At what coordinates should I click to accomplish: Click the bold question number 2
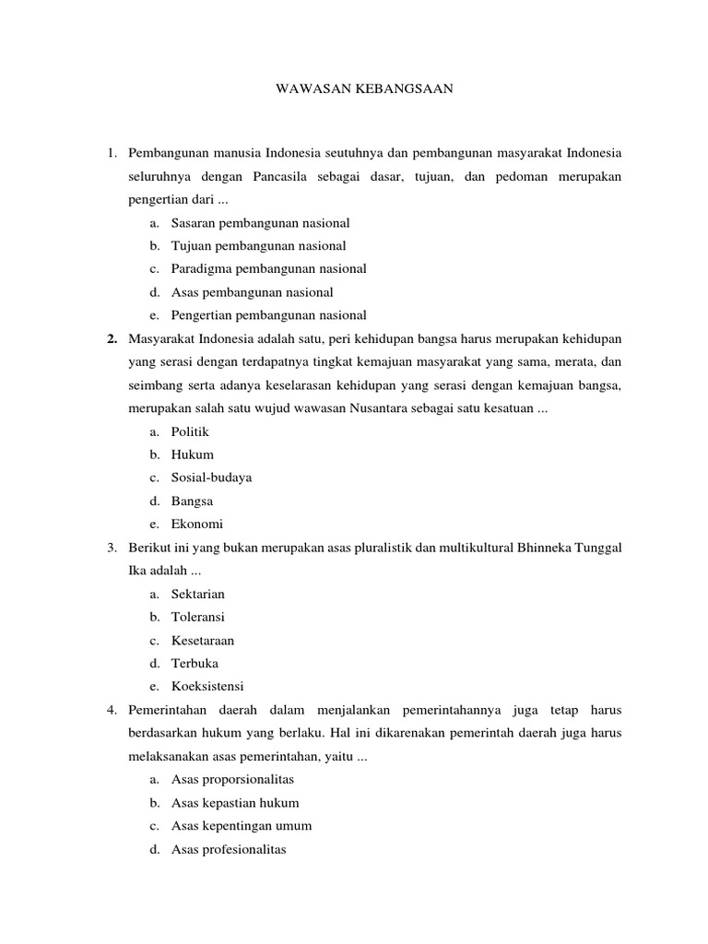click(x=111, y=338)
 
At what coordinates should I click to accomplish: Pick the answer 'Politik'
click(x=190, y=431)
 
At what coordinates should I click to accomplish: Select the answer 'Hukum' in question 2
click(x=192, y=454)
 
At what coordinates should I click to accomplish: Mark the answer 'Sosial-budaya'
click(x=211, y=478)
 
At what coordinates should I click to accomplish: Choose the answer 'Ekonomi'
click(x=196, y=525)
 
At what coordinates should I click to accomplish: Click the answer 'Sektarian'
click(x=197, y=594)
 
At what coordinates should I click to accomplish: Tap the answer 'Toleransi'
click(x=197, y=617)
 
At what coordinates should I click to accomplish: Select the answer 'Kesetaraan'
click(x=202, y=640)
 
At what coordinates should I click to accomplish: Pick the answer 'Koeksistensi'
click(x=207, y=687)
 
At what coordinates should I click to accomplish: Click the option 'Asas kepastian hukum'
click(x=235, y=803)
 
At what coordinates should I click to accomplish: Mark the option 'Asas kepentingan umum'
click(x=242, y=826)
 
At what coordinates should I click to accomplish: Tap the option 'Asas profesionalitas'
click(x=229, y=849)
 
